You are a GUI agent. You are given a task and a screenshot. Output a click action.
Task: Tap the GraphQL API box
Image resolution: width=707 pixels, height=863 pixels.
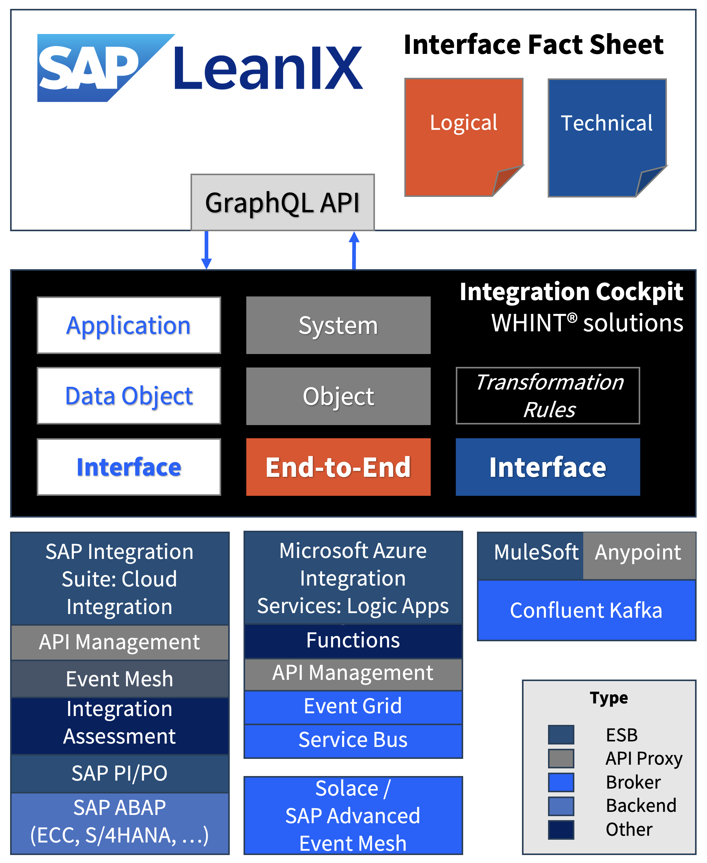pyautogui.click(x=282, y=202)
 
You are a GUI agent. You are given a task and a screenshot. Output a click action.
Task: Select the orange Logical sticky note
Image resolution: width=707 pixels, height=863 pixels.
pyautogui.click(x=463, y=136)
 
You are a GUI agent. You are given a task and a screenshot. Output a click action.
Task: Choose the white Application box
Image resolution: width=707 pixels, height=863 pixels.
pyautogui.click(x=129, y=325)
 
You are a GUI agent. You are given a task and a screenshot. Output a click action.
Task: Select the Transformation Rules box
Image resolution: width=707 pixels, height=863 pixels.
pyautogui.click(x=547, y=396)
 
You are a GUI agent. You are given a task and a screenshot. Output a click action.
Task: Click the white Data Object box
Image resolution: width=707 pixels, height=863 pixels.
pyautogui.click(x=129, y=396)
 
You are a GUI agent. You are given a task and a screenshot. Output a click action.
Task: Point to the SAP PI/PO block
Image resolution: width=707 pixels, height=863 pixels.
pyautogui.click(x=120, y=773)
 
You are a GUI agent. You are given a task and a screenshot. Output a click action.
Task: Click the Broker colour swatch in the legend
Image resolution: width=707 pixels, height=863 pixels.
pyautogui.click(x=561, y=782)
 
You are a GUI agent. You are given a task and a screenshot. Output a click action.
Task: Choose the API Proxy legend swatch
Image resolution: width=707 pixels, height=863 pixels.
pyautogui.click(x=561, y=758)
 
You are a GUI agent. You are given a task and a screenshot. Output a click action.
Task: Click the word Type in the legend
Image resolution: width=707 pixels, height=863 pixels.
pyautogui.click(x=609, y=698)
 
